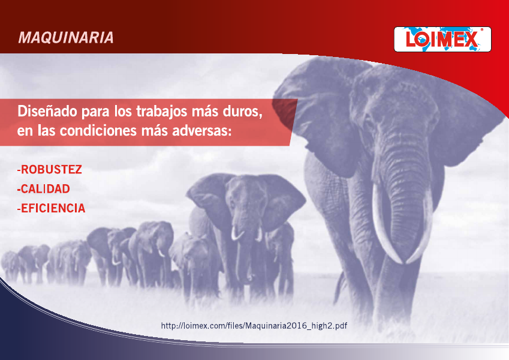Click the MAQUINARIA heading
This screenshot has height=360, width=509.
coord(66,38)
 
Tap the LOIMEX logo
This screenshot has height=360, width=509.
coord(442,40)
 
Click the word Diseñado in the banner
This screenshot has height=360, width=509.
coord(47,112)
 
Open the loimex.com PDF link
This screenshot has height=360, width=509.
coord(254,326)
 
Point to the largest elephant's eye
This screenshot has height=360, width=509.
coord(369,124)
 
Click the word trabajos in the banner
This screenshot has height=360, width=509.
coord(161,112)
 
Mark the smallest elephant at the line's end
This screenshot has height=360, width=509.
coord(9,265)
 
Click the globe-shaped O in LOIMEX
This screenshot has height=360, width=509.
coord(423,40)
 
